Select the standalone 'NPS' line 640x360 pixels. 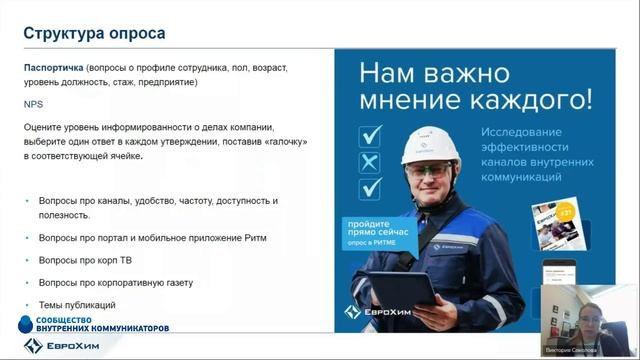click(33, 103)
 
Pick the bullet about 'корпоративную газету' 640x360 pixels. click(115, 282)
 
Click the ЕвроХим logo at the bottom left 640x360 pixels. click(61, 345)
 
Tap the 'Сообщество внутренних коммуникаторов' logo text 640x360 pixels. click(95, 324)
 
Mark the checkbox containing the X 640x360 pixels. click(370, 161)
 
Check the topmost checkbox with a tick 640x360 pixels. click(370, 134)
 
